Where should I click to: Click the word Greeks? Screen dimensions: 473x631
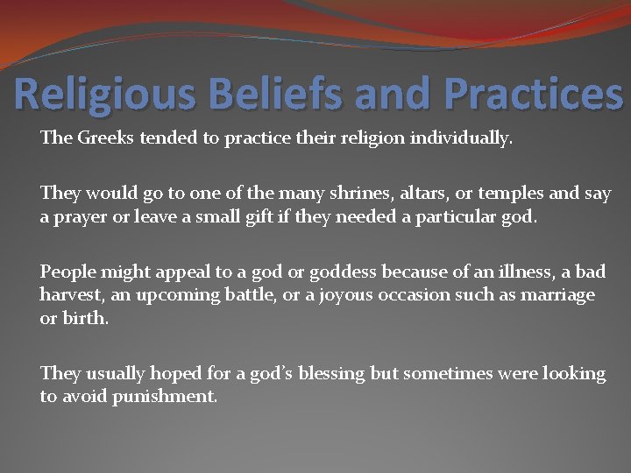[104, 138]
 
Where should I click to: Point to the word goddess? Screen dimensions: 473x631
[310, 272]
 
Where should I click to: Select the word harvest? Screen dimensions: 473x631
[71, 295]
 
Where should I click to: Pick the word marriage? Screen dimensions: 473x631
[557, 295]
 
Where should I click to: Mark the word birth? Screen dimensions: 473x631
[87, 318]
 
